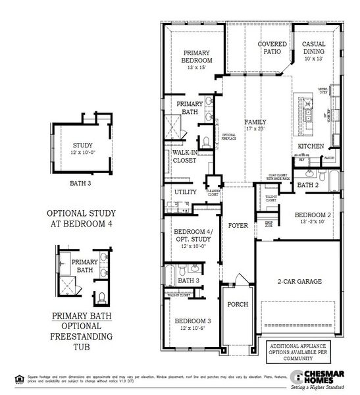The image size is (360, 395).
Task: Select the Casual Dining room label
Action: (314, 47)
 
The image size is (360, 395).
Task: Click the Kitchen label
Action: (311, 146)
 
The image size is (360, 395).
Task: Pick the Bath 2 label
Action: (307, 186)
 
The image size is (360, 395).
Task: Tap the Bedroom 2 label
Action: (313, 215)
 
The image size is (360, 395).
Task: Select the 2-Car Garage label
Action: (299, 281)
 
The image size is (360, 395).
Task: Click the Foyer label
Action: (238, 225)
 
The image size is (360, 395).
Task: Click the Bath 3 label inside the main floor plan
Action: (188, 280)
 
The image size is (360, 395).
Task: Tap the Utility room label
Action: (185, 192)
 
